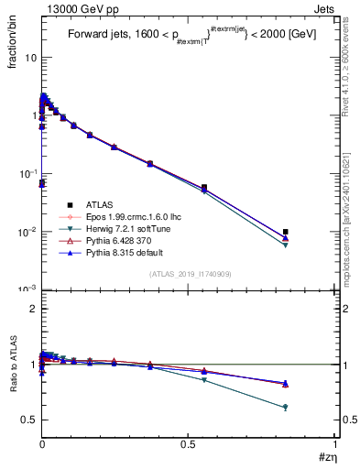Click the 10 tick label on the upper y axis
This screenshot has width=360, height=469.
pos(30,58)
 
